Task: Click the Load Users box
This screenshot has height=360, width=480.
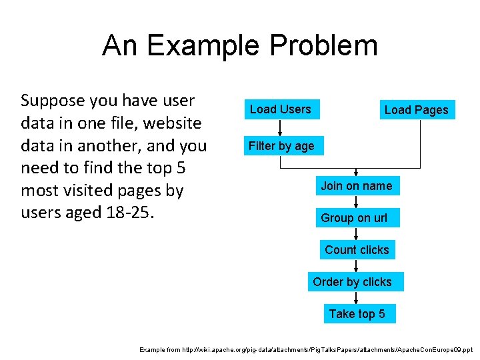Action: [x=281, y=109]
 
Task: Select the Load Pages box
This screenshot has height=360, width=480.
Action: [x=417, y=110]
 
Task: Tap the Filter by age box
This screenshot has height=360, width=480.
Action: [x=281, y=146]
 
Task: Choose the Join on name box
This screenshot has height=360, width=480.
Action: [x=357, y=186]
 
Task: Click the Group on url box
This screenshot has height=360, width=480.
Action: [x=354, y=218]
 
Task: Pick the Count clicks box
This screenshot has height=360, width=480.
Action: [x=357, y=250]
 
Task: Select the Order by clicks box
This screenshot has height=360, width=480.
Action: [x=353, y=282]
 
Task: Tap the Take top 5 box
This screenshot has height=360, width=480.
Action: [x=357, y=314]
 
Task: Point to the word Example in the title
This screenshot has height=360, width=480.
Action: [x=204, y=45]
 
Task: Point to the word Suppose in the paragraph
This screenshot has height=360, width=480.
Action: [x=51, y=101]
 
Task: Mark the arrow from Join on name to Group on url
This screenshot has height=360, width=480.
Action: [x=357, y=202]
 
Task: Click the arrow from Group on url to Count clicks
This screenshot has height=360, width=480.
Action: [x=357, y=234]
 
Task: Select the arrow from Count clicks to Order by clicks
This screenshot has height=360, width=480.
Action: [x=357, y=266]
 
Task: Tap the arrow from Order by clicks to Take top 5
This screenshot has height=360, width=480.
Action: [x=357, y=298]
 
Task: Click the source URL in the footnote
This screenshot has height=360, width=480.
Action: [x=330, y=349]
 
